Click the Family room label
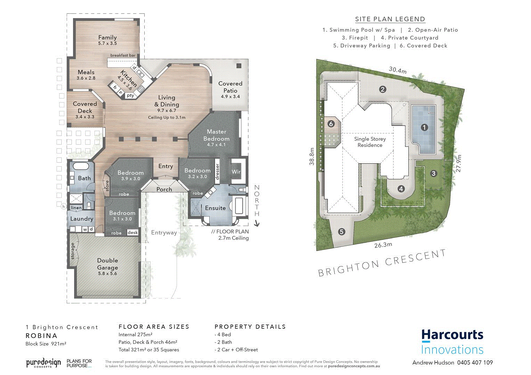click(x=107, y=37)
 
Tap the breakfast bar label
click(x=123, y=55)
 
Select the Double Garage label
click(x=107, y=264)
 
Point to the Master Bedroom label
click(x=217, y=135)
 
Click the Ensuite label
click(x=215, y=208)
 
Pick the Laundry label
click(x=82, y=219)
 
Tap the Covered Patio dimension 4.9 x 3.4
click(x=230, y=97)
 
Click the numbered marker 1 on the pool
click(x=424, y=127)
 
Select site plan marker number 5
click(x=342, y=232)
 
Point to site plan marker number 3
click(x=433, y=174)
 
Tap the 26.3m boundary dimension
click(x=383, y=245)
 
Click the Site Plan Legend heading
click(x=390, y=19)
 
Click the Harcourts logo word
click(x=452, y=335)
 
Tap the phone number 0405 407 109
click(x=475, y=362)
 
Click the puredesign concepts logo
click(x=43, y=363)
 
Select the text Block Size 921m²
click(x=46, y=344)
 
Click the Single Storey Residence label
click(x=370, y=142)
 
